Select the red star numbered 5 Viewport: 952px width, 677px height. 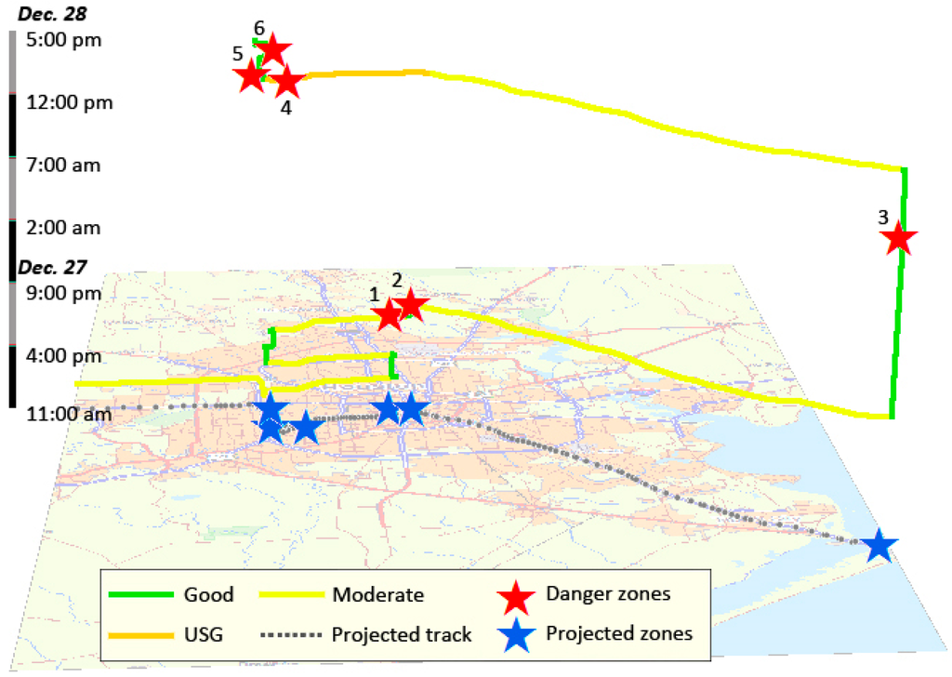coord(250,76)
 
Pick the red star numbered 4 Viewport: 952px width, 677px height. coord(287,82)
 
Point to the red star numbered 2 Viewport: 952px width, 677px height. coord(410,305)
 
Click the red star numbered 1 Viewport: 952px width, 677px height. coord(389,314)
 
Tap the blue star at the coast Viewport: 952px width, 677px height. coord(879,547)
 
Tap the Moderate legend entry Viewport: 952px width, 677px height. coord(377,594)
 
